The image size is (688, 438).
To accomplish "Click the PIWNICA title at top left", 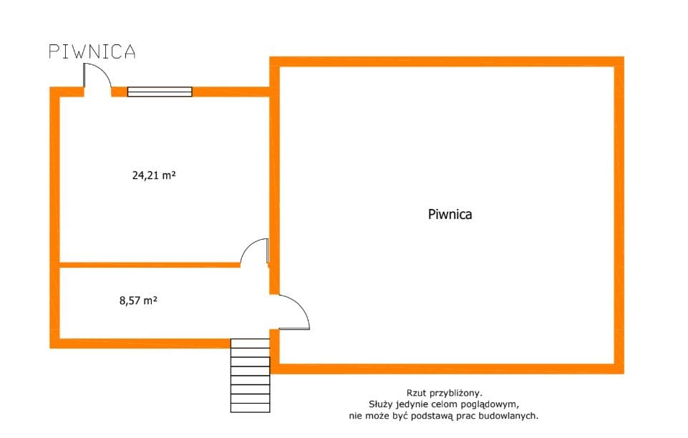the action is coord(92,52).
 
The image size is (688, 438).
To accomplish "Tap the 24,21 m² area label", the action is coord(154,174).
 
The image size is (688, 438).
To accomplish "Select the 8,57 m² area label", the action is coord(138,301).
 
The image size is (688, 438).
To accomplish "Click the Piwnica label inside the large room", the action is coord(450,213).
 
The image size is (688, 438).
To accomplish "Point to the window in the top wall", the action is coord(160,92).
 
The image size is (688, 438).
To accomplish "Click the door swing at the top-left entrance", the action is coord(97,77).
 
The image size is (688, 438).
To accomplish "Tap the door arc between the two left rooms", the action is coord(254,252).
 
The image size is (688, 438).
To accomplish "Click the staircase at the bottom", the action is coord(250,376).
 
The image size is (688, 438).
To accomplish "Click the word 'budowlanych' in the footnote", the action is coord(512,415).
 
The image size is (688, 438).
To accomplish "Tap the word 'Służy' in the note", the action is coord(380,404).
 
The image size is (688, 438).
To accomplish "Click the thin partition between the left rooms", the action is coord(149,265).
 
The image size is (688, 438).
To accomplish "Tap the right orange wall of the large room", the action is coord(619,215).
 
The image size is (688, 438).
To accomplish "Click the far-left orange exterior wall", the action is coord(54,215).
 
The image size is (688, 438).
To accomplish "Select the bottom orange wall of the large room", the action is coord(447,369).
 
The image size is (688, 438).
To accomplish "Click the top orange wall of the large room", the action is coord(447,62).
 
